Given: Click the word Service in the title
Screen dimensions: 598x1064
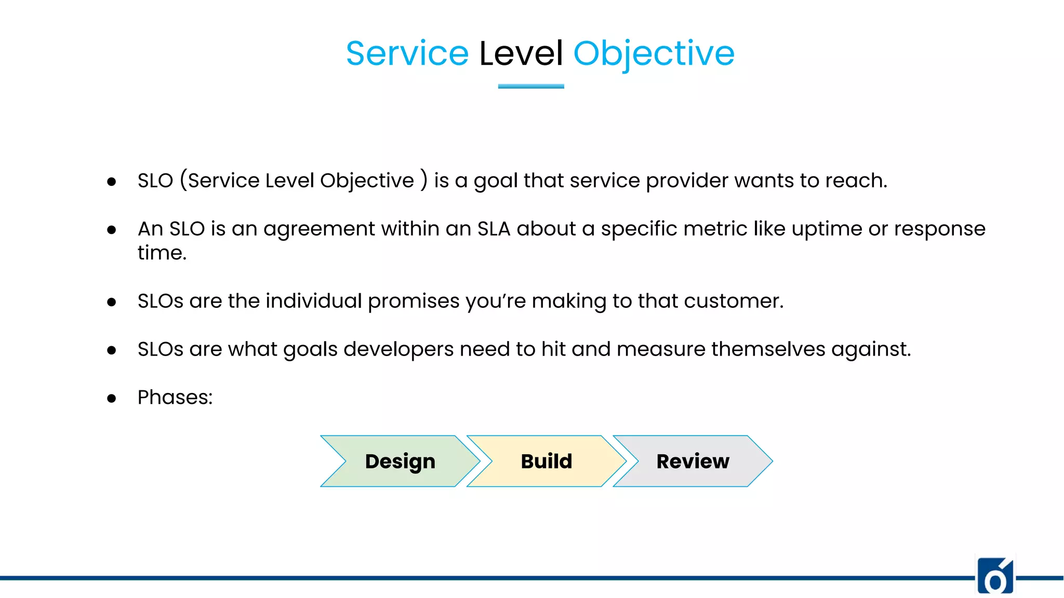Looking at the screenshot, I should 407,53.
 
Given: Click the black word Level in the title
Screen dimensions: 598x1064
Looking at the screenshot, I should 521,53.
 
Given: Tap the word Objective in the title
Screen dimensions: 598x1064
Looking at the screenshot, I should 654,53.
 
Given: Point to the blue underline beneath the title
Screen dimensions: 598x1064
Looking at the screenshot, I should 531,86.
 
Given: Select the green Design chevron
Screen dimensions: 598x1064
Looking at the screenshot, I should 400,461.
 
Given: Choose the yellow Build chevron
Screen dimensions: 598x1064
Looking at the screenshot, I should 547,461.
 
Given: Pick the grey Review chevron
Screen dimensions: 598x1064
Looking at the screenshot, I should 693,461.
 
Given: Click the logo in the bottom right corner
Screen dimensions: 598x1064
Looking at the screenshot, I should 995,576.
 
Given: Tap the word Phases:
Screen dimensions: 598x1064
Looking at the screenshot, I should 175,398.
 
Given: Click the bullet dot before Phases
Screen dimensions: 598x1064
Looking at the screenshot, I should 111,399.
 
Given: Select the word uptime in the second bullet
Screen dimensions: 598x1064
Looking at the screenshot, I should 827,229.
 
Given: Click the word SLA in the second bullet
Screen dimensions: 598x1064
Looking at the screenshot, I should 494,229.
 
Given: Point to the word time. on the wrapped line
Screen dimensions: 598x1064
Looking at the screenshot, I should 162,253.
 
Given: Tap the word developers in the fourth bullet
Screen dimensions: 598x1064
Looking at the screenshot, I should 398,349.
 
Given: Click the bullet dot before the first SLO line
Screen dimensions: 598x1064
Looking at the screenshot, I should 111,182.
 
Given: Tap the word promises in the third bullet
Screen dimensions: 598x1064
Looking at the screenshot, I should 414,301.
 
